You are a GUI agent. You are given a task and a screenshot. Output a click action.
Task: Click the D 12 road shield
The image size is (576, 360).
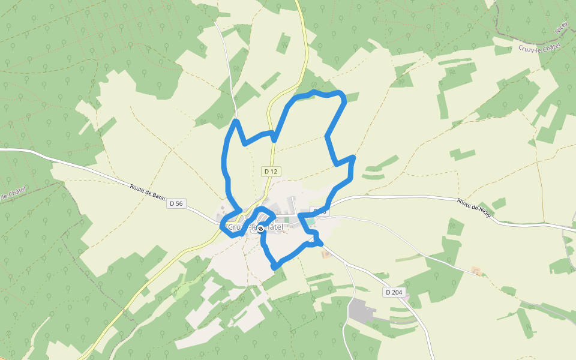tap(271, 172)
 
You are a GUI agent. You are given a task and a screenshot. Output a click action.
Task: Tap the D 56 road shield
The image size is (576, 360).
tap(176, 203)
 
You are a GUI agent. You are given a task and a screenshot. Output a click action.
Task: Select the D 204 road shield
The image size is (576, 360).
tap(394, 292)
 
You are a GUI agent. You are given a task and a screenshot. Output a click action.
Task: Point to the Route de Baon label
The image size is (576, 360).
tap(148, 191)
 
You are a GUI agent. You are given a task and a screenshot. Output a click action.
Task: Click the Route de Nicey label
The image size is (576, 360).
tap(474, 208)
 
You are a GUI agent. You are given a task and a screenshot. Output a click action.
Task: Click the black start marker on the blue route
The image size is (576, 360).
tap(260, 228)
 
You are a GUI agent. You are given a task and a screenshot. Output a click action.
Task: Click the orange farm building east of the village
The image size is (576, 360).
tap(476, 271)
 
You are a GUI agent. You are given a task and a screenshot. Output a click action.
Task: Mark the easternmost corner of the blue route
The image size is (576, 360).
tap(353, 158)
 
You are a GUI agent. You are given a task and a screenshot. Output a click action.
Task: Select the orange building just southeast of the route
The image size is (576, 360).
tap(326, 254)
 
